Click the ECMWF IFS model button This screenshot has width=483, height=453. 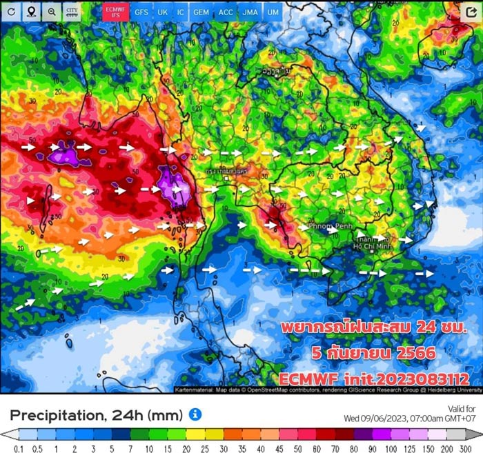click(x=114, y=12)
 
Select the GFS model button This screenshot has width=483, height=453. click(x=141, y=12)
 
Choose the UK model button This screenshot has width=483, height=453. click(x=162, y=12)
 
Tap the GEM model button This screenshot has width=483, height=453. click(x=201, y=12)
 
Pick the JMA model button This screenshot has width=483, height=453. click(x=250, y=12)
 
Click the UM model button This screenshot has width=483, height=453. click(x=273, y=12)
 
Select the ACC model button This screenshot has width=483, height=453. click(x=226, y=12)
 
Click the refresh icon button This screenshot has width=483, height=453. click(x=12, y=12)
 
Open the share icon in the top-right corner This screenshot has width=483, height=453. click(x=471, y=12)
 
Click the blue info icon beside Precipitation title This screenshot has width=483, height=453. click(x=195, y=414)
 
